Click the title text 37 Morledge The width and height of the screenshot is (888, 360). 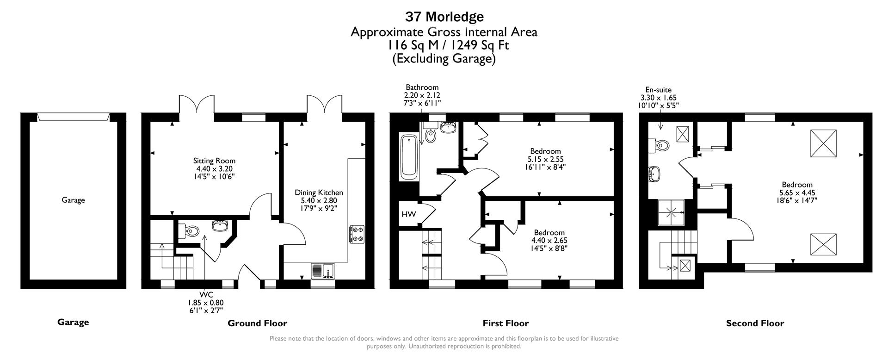(x=444, y=17)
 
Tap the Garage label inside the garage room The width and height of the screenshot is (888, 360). (x=73, y=200)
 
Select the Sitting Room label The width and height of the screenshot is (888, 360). (x=214, y=161)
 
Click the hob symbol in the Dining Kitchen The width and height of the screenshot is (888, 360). (x=357, y=234)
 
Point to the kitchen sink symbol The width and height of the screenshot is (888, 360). (x=323, y=270)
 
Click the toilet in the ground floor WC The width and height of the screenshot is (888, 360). (x=191, y=230)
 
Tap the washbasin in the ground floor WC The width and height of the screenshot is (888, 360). (x=219, y=226)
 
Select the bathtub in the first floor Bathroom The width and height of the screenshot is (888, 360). (x=408, y=157)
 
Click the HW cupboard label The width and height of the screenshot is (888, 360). (x=408, y=214)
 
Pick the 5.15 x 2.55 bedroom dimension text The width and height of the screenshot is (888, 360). (x=545, y=159)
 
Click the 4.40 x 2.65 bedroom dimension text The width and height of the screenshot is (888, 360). (x=549, y=241)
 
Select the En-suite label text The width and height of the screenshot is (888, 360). (x=658, y=90)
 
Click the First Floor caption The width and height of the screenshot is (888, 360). (x=506, y=323)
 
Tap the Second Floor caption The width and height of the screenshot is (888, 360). (x=755, y=323)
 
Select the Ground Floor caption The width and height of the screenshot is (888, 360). (x=257, y=323)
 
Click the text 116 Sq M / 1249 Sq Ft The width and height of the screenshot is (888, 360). (x=444, y=45)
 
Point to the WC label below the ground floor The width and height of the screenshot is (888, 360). (x=206, y=295)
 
